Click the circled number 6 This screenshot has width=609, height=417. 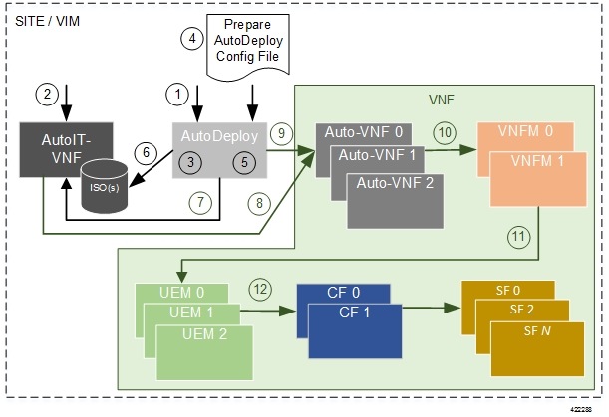147,152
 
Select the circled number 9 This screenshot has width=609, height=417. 282,131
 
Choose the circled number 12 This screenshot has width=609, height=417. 261,291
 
